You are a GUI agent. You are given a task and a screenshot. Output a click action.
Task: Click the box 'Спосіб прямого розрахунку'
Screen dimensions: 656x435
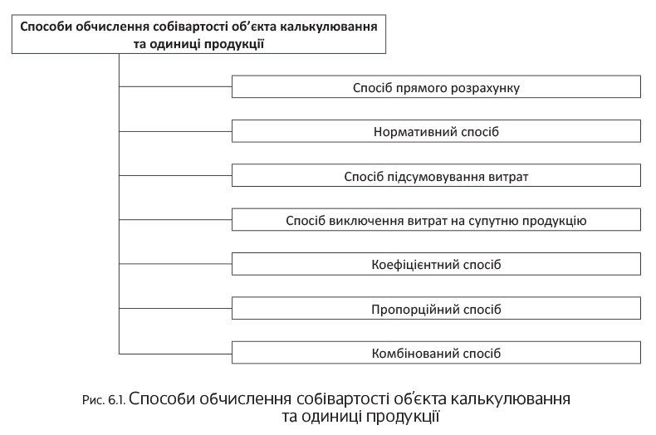pyautogui.click(x=436, y=86)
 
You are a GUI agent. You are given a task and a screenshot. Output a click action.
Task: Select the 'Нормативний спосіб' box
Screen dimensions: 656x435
pyautogui.click(x=436, y=131)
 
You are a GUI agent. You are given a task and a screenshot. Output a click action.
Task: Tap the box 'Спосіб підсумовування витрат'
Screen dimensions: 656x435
pyautogui.click(x=436, y=176)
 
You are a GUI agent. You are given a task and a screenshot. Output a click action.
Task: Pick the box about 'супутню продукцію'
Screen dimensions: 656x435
pyautogui.click(x=436, y=220)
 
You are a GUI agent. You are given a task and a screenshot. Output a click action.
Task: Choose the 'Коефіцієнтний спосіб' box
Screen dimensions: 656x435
pyautogui.click(x=436, y=264)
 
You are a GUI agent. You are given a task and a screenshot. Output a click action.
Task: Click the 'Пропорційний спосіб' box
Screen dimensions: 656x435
pyautogui.click(x=436, y=308)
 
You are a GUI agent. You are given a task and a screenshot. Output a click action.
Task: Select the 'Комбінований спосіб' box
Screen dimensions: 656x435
pyautogui.click(x=436, y=353)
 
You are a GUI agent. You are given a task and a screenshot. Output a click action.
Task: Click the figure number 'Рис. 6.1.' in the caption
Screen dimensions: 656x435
pyautogui.click(x=104, y=400)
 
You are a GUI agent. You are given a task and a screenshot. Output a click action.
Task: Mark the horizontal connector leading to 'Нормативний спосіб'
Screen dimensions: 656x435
pyautogui.click(x=176, y=131)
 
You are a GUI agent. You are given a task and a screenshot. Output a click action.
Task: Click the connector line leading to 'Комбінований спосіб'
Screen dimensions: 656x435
pyautogui.click(x=176, y=354)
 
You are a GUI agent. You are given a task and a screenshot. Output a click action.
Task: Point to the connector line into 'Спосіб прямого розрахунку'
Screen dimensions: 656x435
pyautogui.click(x=176, y=86)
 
